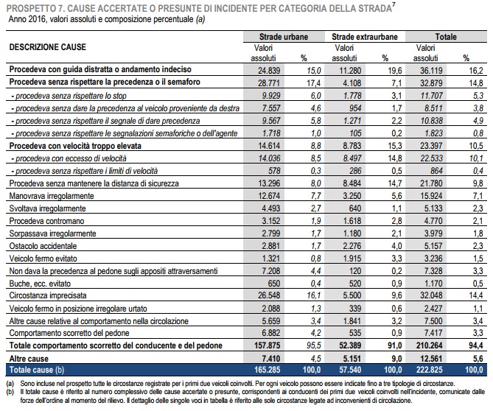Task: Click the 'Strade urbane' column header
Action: [283, 37]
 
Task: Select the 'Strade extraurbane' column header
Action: [365, 37]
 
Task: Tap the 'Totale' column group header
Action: [446, 37]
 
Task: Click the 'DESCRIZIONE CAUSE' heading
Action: [47, 47]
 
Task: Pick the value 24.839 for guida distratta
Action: [269, 71]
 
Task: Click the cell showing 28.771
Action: [269, 83]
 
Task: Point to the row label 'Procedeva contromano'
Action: [46, 221]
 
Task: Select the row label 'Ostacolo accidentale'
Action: [43, 246]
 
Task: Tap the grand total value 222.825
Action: [429, 370]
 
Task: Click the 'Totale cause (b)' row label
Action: [37, 370]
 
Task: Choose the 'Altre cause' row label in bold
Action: [29, 359]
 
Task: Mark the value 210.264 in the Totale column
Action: [429, 345]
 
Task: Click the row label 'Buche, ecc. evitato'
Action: [40, 284]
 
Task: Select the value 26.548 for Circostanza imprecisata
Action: [269, 295]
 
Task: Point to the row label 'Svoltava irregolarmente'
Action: [47, 208]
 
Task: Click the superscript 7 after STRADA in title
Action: [394, 4]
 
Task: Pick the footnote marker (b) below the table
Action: [11, 392]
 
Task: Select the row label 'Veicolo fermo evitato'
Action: [43, 259]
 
